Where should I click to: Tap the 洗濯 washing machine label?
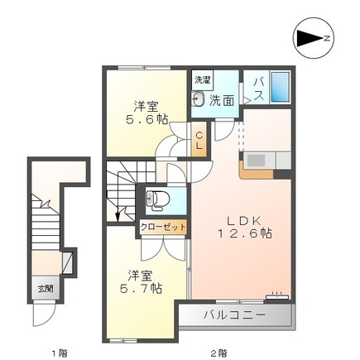[203, 80]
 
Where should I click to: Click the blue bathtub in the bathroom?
[281, 87]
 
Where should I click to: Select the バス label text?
[259, 89]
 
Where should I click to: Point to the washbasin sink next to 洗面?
[198, 98]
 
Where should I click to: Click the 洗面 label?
[222, 101]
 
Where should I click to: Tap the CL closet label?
[199, 141]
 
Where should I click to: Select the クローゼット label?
[163, 228]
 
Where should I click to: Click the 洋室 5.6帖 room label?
[146, 113]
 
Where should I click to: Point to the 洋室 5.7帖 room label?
[141, 281]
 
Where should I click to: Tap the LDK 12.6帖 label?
[244, 227]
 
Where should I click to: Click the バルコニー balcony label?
[234, 314]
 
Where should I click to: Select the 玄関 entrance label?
[46, 289]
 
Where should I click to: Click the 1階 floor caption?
[60, 353]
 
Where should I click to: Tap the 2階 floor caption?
[219, 353]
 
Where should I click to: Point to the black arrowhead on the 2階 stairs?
[118, 216]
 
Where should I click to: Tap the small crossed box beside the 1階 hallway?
[67, 262]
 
